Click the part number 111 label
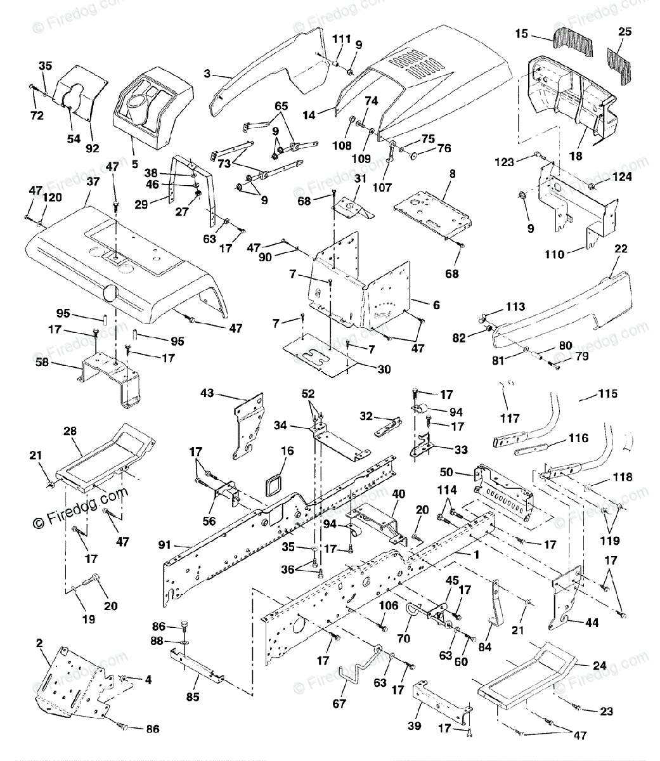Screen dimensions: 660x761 pos(341,39)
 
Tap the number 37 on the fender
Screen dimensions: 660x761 pos(93,181)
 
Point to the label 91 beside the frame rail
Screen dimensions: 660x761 pos(164,545)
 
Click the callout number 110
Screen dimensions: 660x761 pos(554,254)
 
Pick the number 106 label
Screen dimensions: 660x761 pos(389,605)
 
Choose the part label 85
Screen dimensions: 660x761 pos(193,697)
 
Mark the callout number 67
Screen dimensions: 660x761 pos(339,703)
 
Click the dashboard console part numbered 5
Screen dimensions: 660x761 pos(153,108)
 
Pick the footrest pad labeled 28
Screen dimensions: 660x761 pos(105,459)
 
